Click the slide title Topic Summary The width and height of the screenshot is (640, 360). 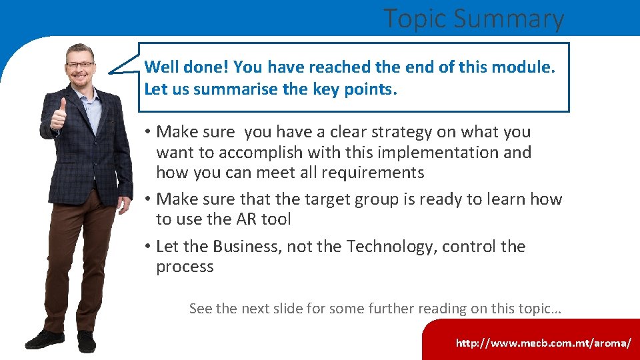click(x=473, y=19)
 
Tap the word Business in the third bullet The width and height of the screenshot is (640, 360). click(x=246, y=247)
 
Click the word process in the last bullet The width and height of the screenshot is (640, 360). click(x=185, y=267)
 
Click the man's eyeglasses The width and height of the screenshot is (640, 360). click(x=80, y=65)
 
